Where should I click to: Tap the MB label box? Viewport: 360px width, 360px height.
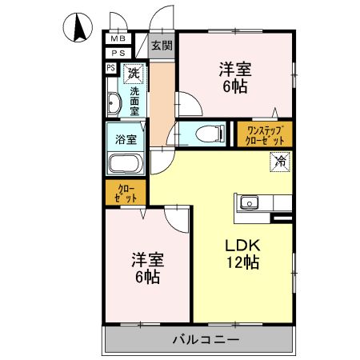tap(118, 38)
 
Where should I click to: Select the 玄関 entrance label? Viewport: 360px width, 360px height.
tap(161, 46)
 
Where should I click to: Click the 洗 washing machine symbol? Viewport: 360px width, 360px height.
tap(134, 73)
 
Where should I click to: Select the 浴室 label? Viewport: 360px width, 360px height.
tap(126, 138)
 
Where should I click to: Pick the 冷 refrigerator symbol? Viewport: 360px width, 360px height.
tap(281, 161)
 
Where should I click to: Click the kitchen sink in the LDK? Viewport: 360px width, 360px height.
tap(249, 203)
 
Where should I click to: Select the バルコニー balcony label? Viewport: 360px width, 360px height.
tap(206, 339)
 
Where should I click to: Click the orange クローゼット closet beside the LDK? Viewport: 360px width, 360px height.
tap(125, 192)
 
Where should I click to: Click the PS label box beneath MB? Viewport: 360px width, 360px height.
tap(118, 53)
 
